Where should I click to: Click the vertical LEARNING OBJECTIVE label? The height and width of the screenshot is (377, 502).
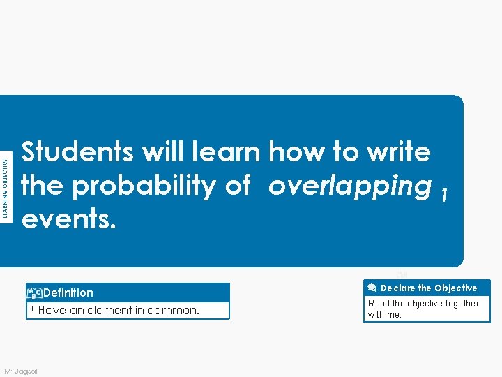coord(6,188)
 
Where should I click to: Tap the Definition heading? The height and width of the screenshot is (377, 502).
coord(68,293)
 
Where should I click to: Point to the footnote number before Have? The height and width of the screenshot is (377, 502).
coord(33,309)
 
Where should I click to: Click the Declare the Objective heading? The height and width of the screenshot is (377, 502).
coord(429,288)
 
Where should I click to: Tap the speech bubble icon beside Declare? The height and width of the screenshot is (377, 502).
coord(372,288)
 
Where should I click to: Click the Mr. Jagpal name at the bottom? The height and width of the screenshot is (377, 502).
coord(21,370)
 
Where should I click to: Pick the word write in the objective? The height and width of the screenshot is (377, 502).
coord(398,151)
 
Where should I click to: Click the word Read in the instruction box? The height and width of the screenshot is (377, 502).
coord(379,304)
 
